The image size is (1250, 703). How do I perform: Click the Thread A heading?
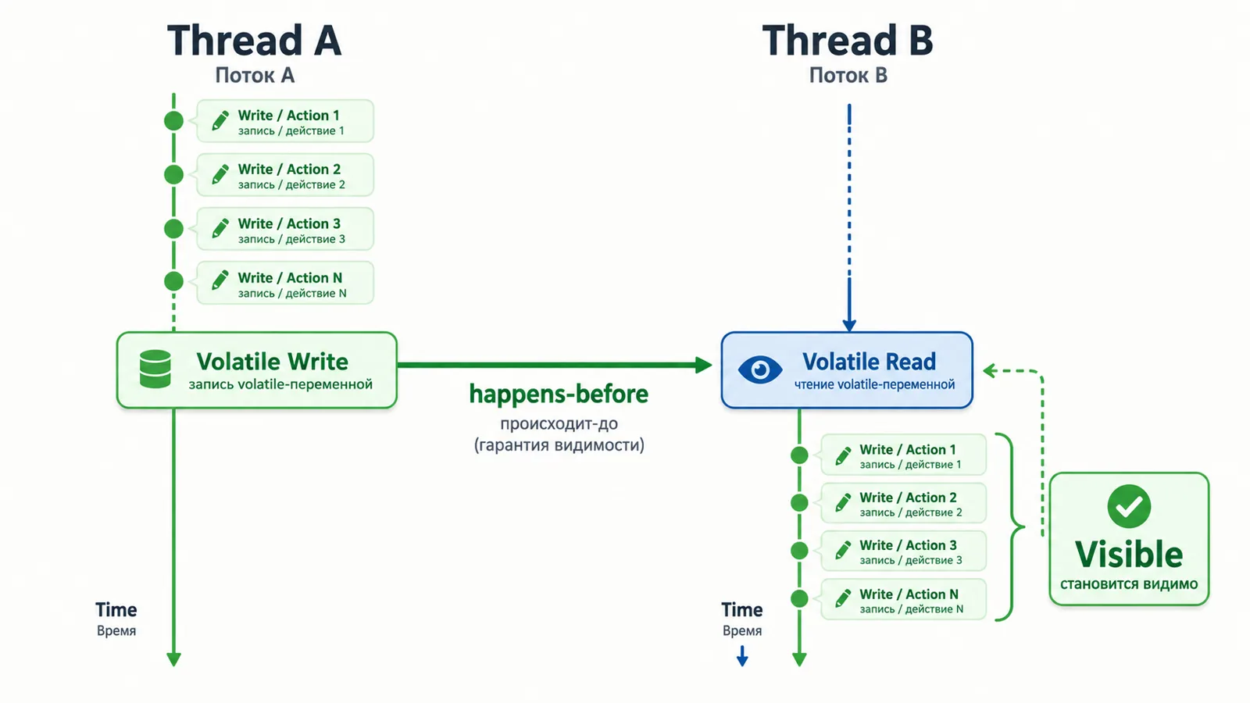pyautogui.click(x=255, y=41)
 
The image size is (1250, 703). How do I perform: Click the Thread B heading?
pyautogui.click(x=848, y=41)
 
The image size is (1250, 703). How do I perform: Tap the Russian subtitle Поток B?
pyautogui.click(x=848, y=75)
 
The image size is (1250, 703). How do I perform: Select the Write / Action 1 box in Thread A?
pyautogui.click(x=285, y=121)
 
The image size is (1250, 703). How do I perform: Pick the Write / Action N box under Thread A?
pyautogui.click(x=285, y=283)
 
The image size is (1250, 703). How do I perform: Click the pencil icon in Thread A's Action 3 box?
pyautogui.click(x=220, y=228)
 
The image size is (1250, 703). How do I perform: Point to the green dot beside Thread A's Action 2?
pyautogui.click(x=173, y=175)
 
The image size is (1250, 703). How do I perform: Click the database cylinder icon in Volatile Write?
pyautogui.click(x=155, y=369)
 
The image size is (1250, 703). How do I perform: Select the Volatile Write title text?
pyautogui.click(x=273, y=362)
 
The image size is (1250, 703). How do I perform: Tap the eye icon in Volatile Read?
pyautogui.click(x=760, y=369)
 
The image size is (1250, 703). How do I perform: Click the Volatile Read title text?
pyautogui.click(x=869, y=362)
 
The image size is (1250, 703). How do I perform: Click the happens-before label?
pyautogui.click(x=559, y=394)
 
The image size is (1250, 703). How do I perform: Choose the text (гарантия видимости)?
pyautogui.click(x=559, y=445)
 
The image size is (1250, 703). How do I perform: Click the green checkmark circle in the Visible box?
pyautogui.click(x=1129, y=506)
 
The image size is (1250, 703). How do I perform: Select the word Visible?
pyautogui.click(x=1129, y=554)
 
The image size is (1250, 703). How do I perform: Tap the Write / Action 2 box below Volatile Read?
pyautogui.click(x=903, y=503)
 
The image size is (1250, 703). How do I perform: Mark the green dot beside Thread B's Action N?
pyautogui.click(x=800, y=598)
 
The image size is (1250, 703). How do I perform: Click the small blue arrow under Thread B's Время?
pyautogui.click(x=742, y=656)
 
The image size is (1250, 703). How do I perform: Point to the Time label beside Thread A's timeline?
pyautogui.click(x=116, y=610)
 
